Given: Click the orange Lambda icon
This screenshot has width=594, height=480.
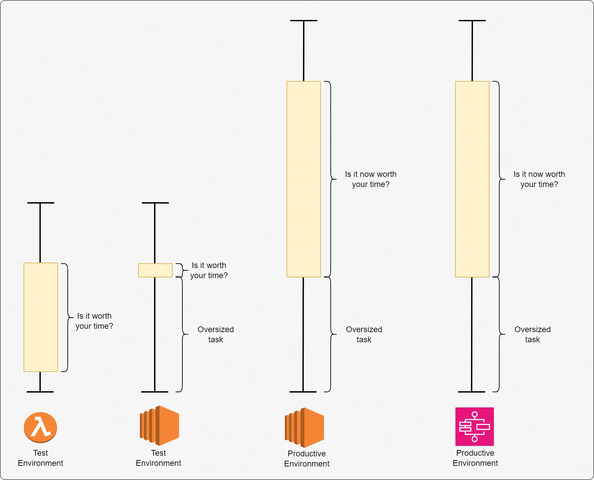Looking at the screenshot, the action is click(40, 427).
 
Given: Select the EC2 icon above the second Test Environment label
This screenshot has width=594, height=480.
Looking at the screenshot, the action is click(159, 426).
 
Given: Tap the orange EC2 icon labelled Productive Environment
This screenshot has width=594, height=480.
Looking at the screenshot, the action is click(304, 427).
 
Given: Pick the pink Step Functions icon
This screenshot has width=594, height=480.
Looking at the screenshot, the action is click(475, 427).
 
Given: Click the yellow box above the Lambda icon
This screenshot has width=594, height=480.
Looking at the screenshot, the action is click(41, 317).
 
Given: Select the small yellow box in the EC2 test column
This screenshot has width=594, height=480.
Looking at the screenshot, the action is click(155, 270).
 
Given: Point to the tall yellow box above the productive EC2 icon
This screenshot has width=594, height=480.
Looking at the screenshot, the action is click(304, 179).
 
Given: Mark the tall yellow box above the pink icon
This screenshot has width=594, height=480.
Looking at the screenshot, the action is click(472, 179).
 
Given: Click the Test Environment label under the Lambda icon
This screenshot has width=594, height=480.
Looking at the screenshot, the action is click(40, 458).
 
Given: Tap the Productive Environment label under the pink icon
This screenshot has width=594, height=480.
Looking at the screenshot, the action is click(475, 458).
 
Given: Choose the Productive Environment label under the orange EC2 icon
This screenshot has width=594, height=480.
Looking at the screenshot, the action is click(307, 459).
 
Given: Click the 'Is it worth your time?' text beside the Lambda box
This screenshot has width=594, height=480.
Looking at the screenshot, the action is click(94, 321).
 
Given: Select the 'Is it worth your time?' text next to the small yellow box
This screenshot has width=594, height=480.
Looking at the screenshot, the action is click(209, 270).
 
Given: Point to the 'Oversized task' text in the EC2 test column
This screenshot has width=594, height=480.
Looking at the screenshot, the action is click(216, 335).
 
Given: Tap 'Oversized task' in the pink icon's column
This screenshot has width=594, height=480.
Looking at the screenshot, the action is click(533, 335).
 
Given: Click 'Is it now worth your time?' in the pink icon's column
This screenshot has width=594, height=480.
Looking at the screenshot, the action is click(539, 179).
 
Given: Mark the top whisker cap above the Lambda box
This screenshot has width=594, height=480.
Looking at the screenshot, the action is click(41, 203).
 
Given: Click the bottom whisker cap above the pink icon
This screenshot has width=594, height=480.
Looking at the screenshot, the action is click(472, 392).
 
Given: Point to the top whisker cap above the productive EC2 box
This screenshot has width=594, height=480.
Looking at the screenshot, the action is click(304, 21).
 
